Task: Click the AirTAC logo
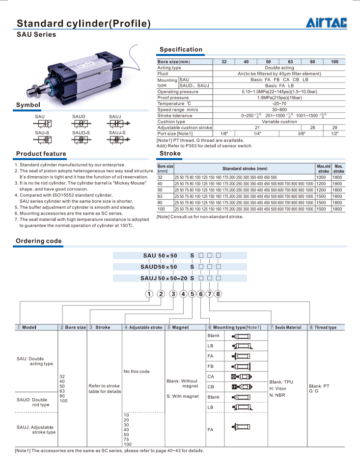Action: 327,23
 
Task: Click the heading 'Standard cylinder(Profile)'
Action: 83,24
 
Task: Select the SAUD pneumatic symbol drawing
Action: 79,123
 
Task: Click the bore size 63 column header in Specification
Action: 290,62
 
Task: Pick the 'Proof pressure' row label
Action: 173,98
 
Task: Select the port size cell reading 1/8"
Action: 224,134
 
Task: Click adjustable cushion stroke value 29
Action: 334,128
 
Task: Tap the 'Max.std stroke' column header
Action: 323,168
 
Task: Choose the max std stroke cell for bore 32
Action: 321,177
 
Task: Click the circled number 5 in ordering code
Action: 192,294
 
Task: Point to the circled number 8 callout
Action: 219,294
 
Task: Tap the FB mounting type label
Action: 211,366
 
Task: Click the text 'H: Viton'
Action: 278,388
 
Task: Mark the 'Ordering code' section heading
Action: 39,241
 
